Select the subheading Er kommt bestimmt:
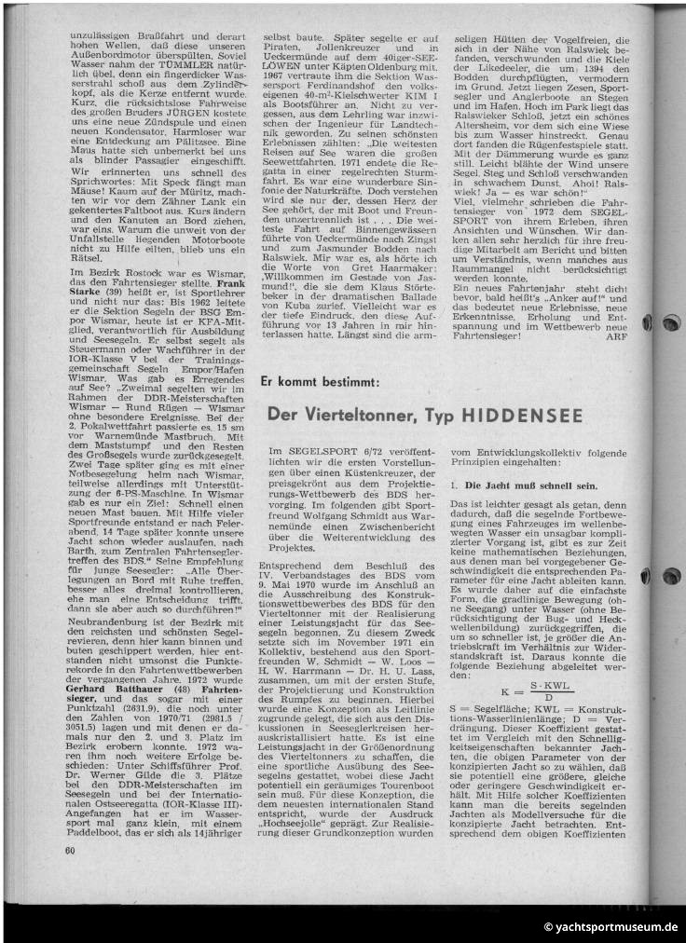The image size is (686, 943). (320, 382)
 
